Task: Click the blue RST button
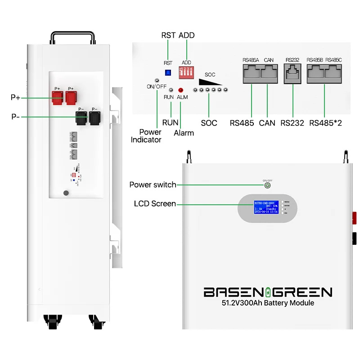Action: click(168, 72)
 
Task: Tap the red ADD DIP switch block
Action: click(186, 72)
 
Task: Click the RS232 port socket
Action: click(292, 73)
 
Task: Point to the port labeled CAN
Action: click(269, 73)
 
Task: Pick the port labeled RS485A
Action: click(252, 73)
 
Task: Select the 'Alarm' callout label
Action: click(184, 133)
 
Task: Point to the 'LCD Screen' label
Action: click(155, 204)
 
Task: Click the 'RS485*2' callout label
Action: click(325, 123)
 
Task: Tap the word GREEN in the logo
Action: click(302, 292)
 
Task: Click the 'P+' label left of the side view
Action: click(17, 97)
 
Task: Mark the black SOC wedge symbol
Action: click(211, 82)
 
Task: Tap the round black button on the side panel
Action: click(66, 193)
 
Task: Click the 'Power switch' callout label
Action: click(153, 185)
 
